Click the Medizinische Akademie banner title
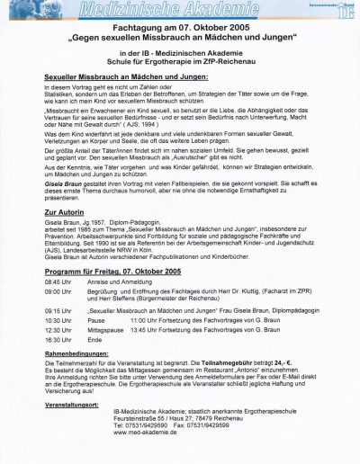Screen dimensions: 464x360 tap(180, 12)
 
